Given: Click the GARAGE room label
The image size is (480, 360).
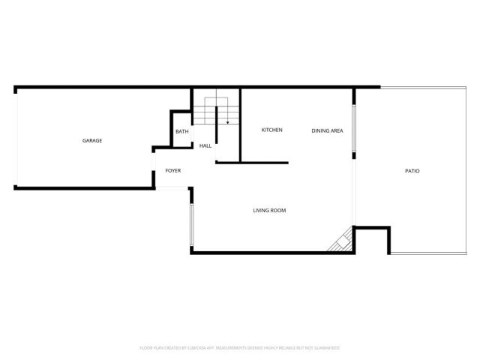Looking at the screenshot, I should (x=92, y=141).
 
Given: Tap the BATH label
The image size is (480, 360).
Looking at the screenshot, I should (x=182, y=132).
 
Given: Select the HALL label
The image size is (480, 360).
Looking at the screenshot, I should (x=205, y=145).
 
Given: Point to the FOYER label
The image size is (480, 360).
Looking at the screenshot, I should (x=173, y=171).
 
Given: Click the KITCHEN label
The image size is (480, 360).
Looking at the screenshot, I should (x=271, y=130).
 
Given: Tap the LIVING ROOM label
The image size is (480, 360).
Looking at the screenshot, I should (x=269, y=210).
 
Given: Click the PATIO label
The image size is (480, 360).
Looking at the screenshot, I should (x=412, y=171).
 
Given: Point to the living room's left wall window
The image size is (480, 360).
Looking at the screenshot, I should (x=192, y=226).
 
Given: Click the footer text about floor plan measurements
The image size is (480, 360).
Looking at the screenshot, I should (x=240, y=348).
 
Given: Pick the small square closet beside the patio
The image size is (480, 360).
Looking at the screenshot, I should (x=372, y=241).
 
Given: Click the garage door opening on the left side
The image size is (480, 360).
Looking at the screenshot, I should (x=16, y=138).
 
